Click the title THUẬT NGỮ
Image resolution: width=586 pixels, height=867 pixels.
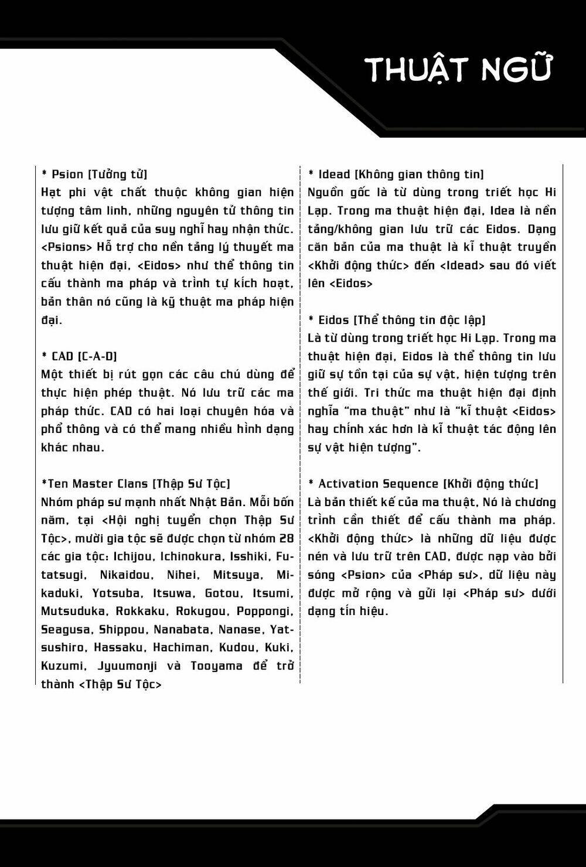coord(459,70)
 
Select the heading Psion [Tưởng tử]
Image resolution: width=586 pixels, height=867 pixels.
coord(94,174)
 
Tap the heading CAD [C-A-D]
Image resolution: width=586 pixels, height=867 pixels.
coord(80,356)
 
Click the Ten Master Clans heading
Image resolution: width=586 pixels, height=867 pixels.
coord(135,483)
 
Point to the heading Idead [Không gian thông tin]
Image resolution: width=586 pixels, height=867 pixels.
coord(396,174)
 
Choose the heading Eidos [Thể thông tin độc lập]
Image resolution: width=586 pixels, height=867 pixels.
coord(397,320)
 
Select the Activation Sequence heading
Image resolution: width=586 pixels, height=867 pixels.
coord(423,483)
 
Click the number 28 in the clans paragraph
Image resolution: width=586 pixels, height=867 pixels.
coord(287,538)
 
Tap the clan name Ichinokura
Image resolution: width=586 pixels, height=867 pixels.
coord(190,557)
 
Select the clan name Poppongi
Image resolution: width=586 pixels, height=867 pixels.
coord(265,611)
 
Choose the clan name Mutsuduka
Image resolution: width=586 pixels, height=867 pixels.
coord(74,611)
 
